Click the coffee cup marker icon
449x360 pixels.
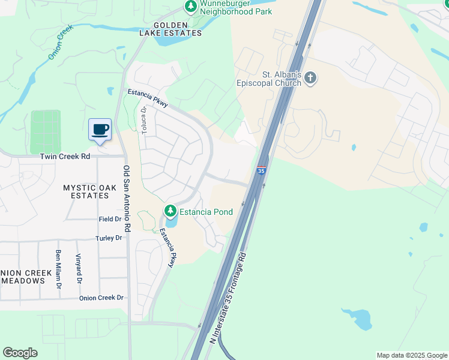[x=100, y=129]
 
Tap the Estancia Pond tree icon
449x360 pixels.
[x=170, y=211]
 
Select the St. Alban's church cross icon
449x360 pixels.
[x=310, y=77]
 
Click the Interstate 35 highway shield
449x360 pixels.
[x=261, y=171]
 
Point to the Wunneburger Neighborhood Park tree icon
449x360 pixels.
[x=191, y=7]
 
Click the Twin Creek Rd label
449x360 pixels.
[x=65, y=157]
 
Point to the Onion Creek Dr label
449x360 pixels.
[x=101, y=298]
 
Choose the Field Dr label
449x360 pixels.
[x=110, y=220]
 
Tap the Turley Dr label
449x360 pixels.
[x=109, y=238]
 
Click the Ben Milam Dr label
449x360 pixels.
[x=59, y=268]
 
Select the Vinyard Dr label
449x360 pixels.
[x=78, y=269]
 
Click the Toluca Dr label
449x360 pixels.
[x=144, y=120]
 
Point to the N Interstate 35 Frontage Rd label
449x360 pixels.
[x=229, y=298]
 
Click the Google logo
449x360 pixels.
[x=20, y=353]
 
